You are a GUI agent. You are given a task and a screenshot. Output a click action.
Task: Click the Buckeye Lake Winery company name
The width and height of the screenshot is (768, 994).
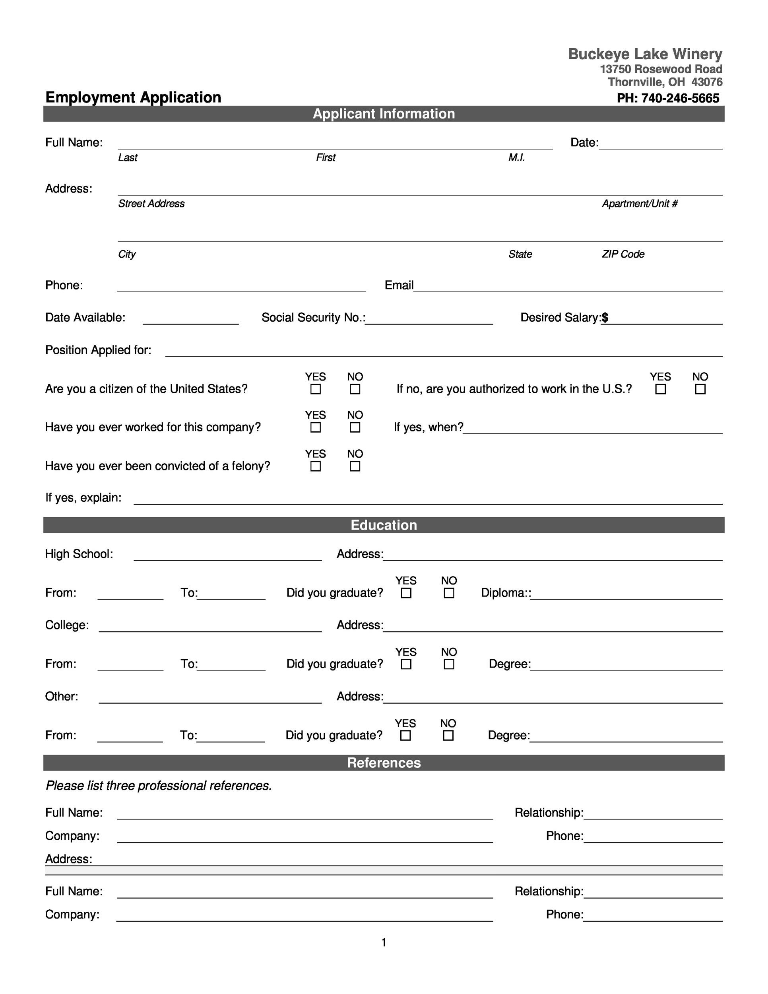pos(645,54)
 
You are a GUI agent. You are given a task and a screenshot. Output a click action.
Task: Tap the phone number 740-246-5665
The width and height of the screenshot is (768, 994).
pos(680,98)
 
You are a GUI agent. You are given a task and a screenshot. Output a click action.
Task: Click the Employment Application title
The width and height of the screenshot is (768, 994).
pos(133,97)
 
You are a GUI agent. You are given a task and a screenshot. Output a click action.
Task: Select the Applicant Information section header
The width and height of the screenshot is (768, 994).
pos(384,114)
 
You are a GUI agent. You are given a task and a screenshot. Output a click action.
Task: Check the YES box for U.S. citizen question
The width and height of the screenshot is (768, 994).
pos(315,389)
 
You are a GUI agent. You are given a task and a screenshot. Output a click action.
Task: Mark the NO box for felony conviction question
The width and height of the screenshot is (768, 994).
pos(355,466)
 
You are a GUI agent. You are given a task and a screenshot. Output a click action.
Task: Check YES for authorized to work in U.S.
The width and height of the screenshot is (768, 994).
pos(660,389)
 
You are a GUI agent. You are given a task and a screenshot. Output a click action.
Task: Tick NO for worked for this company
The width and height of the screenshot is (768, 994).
pos(355,427)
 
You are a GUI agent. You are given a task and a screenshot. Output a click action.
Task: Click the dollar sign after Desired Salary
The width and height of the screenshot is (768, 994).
pos(605,318)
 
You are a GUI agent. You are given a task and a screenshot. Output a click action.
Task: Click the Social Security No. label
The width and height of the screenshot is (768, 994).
pos(313,318)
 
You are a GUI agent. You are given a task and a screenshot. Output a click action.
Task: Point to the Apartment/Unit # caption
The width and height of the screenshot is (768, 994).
pos(639,204)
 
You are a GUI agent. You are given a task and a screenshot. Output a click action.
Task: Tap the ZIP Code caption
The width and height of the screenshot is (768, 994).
pos(623,254)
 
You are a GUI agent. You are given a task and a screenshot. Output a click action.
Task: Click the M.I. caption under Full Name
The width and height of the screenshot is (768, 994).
pos(516,157)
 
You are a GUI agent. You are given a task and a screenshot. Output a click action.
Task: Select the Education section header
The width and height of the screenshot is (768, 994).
pos(384,525)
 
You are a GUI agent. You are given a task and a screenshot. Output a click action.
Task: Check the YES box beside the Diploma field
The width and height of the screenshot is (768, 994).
pos(406,593)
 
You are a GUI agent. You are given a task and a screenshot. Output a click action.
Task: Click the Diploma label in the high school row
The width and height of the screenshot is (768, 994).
pos(504,593)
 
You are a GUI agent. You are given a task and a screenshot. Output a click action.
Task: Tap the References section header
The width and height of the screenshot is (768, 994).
pos(384,763)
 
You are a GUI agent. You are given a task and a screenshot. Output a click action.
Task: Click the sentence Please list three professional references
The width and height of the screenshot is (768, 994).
pos(159,786)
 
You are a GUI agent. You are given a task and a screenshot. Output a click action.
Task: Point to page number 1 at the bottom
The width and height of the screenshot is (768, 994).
pos(384,943)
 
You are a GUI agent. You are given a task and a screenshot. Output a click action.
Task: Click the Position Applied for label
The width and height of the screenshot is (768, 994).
pos(98,350)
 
